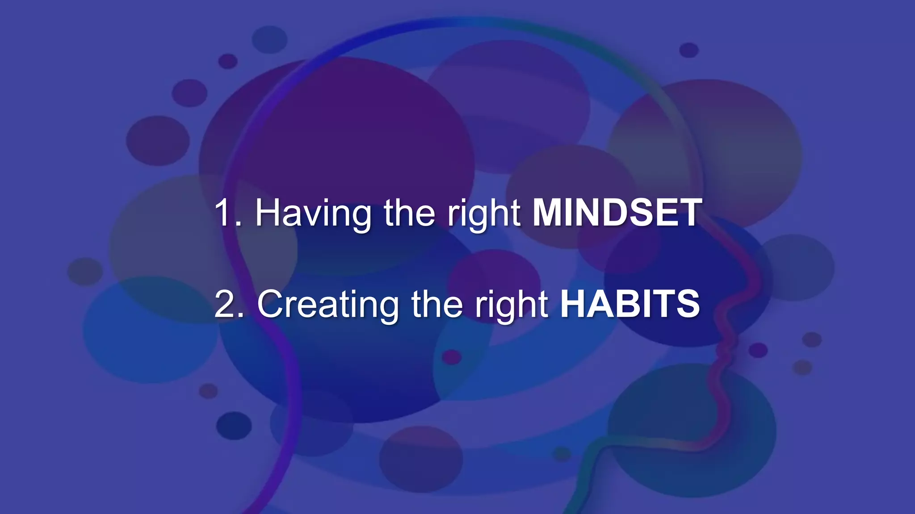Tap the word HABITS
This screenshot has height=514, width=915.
click(x=630, y=304)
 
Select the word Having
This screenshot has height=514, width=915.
click(x=313, y=213)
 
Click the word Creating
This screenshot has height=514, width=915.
click(x=328, y=304)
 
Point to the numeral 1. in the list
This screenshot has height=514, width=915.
click(x=227, y=213)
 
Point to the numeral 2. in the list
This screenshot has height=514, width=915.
click(x=229, y=304)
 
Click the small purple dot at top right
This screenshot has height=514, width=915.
click(x=688, y=50)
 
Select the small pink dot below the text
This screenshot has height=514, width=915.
click(x=451, y=356)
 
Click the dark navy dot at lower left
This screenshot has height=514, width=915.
click(x=234, y=425)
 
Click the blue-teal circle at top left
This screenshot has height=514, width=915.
click(x=269, y=39)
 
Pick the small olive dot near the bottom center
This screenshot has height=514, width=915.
click(x=562, y=454)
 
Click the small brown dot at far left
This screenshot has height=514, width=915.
click(x=85, y=271)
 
